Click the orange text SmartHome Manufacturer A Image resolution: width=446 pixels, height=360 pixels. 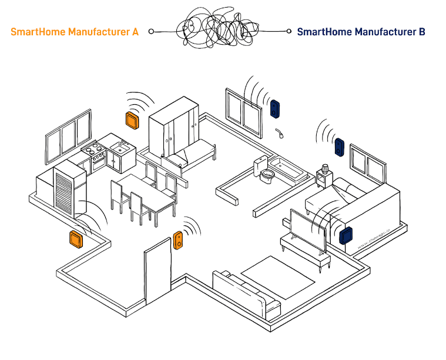click(75, 32)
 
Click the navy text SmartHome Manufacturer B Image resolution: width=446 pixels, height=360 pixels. click(361, 32)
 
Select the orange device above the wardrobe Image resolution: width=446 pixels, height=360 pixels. click(132, 119)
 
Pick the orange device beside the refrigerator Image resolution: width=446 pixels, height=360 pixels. click(76, 239)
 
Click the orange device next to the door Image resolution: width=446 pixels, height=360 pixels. click(178, 239)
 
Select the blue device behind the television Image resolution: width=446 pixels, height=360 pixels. click(345, 235)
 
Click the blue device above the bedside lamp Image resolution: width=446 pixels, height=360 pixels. click(339, 147)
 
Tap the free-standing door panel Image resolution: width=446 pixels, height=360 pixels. click(157, 276)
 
